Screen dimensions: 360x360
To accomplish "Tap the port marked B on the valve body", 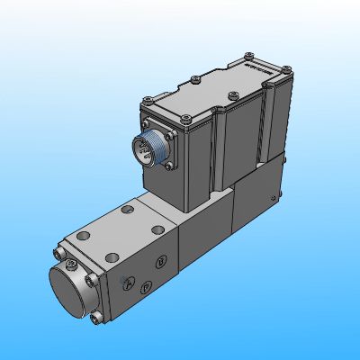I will click(160, 262).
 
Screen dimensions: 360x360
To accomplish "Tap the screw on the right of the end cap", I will click(90, 280).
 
